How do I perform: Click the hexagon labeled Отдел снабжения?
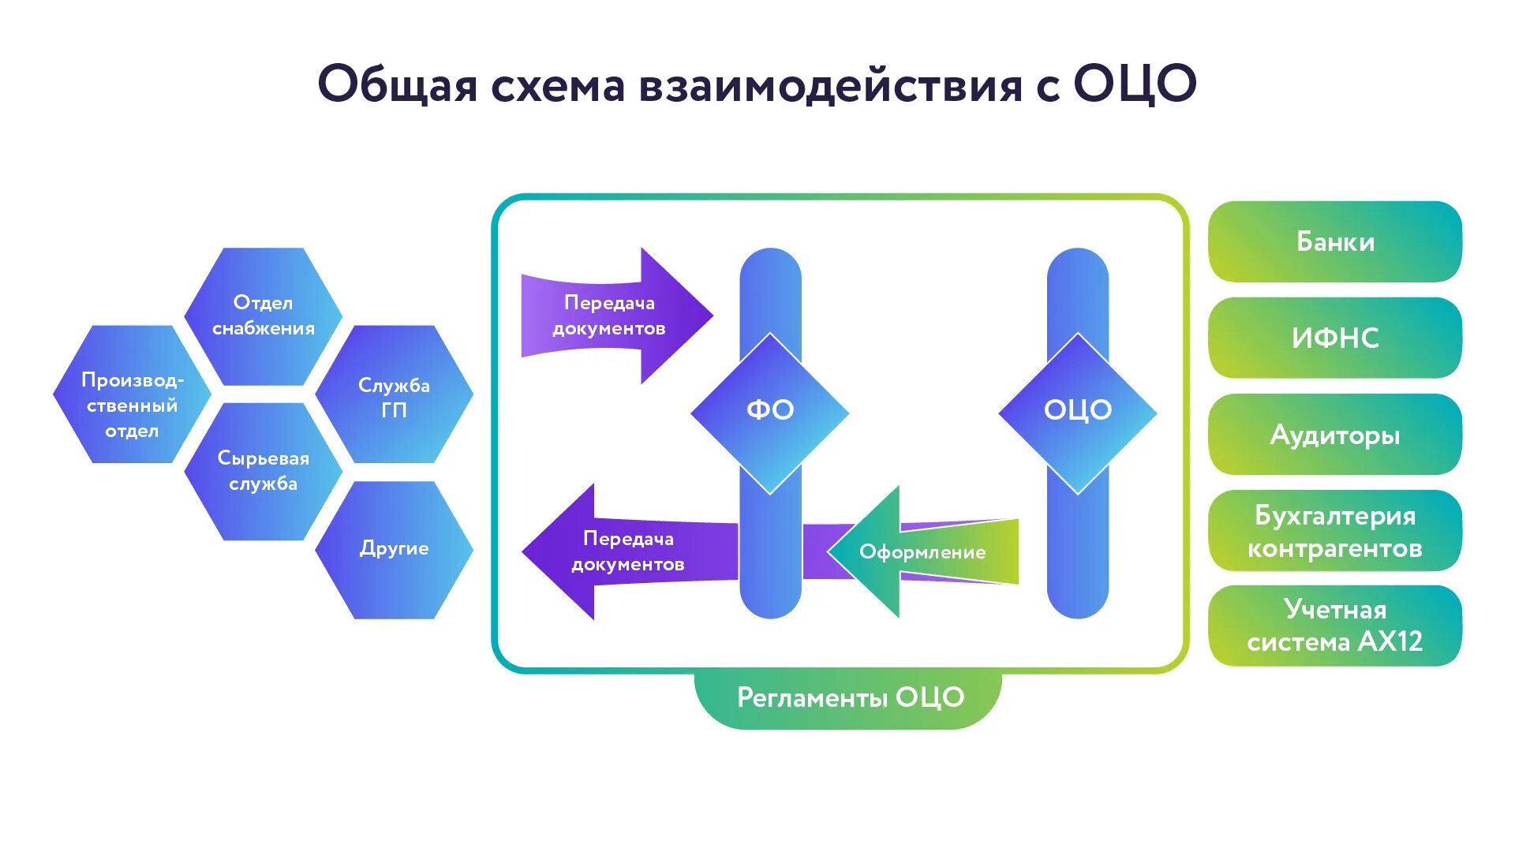pyautogui.click(x=263, y=316)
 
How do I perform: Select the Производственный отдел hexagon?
pyautogui.click(x=132, y=405)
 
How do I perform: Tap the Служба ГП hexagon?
pyautogui.click(x=394, y=397)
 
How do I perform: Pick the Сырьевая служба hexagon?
pyautogui.click(x=263, y=471)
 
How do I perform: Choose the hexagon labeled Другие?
pyautogui.click(x=394, y=549)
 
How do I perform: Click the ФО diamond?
pyautogui.click(x=769, y=411)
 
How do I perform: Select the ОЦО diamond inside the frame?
pyautogui.click(x=1077, y=411)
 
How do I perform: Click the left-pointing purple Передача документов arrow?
pyautogui.click(x=623, y=551)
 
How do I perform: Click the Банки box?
pyautogui.click(x=1334, y=241)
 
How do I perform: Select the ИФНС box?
pyautogui.click(x=1334, y=338)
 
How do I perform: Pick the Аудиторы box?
pyautogui.click(x=1334, y=435)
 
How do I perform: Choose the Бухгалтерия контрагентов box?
pyautogui.click(x=1334, y=531)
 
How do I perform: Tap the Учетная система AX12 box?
pyautogui.click(x=1334, y=626)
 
